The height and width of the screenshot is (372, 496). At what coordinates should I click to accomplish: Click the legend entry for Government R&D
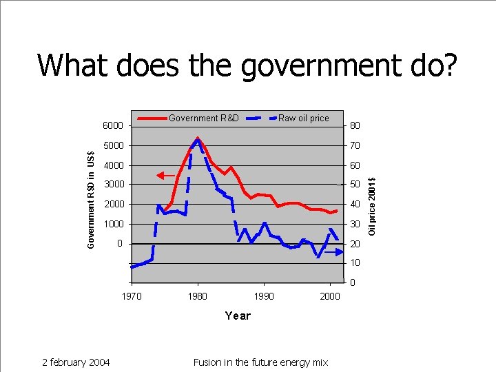coord(203,118)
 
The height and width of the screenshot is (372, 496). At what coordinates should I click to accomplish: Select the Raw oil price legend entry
coord(303,118)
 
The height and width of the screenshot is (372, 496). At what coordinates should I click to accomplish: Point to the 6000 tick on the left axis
coord(112,126)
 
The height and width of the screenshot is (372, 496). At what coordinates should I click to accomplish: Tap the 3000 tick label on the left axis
coord(112,185)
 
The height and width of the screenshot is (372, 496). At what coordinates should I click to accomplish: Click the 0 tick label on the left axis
coord(119,244)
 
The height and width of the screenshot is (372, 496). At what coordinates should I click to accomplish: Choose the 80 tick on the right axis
coord(354,126)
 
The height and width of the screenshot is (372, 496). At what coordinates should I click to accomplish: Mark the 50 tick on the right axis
coord(354,185)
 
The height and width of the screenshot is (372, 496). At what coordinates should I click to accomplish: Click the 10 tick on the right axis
coord(354,263)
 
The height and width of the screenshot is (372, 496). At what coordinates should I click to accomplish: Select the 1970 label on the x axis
coord(132,296)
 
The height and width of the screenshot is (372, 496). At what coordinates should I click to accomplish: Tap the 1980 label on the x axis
coord(198,296)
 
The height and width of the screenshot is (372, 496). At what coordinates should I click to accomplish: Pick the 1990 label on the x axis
coord(264,296)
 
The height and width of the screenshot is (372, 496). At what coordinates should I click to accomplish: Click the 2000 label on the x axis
coord(330,296)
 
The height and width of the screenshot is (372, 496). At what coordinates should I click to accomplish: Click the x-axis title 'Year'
coord(238,316)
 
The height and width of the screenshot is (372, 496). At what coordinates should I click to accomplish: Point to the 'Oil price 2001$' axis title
coord(372,205)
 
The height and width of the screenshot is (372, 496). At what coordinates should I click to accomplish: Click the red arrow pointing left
coord(165,176)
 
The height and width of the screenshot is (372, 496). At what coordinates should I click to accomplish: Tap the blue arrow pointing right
coord(333,253)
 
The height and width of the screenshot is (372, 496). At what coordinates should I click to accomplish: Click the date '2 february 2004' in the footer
coord(76,362)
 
